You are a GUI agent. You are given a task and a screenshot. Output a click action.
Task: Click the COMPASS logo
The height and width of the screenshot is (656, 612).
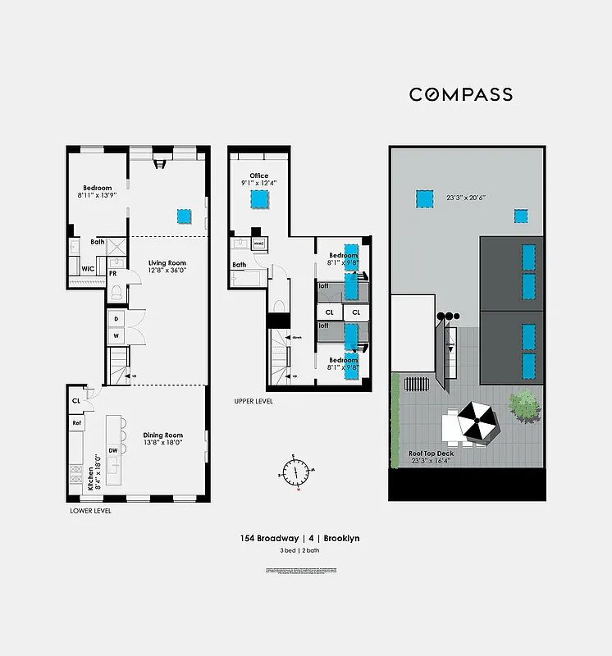click(x=461, y=94)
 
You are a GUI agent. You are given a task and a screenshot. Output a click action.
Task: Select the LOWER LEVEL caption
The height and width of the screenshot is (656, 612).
click(x=90, y=510)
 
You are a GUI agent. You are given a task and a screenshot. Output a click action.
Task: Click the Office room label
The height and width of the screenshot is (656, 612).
click(x=259, y=175)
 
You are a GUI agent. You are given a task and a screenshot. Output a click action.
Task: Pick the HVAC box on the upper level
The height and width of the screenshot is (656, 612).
click(x=258, y=243)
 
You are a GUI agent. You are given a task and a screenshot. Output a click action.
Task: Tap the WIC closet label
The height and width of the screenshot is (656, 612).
click(x=86, y=268)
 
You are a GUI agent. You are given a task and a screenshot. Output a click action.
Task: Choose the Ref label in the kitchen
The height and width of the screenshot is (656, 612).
click(x=77, y=423)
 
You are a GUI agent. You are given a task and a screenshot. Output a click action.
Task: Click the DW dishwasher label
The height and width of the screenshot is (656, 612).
click(x=113, y=450)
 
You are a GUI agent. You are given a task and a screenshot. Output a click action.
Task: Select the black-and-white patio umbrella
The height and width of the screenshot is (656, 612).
click(x=474, y=423)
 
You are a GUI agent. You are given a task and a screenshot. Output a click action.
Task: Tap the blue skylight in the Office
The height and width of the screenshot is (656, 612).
click(x=260, y=199)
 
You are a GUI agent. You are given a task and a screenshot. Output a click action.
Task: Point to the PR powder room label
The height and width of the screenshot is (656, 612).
click(x=112, y=273)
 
